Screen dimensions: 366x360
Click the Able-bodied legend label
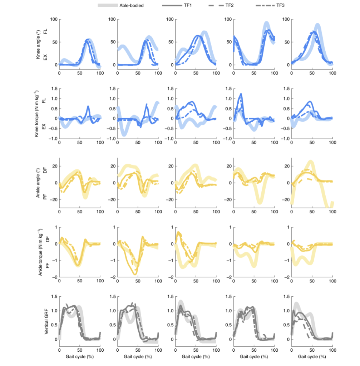pos(132,5)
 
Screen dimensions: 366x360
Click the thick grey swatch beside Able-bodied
pos(108,5)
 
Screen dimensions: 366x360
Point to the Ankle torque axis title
pos(37,252)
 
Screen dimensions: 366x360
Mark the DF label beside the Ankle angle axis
pos(45,171)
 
